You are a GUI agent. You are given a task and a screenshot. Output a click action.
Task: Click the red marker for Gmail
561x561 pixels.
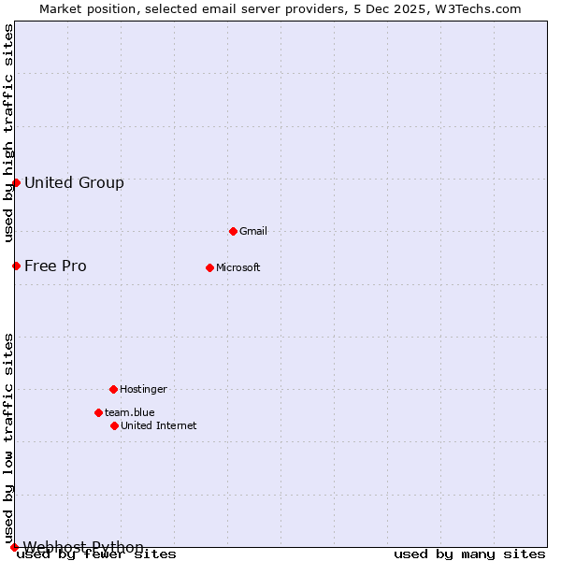point(233,231)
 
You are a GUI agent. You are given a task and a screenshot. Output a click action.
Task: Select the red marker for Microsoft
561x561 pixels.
point(209,267)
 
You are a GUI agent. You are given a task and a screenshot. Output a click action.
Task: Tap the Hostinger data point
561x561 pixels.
point(113,389)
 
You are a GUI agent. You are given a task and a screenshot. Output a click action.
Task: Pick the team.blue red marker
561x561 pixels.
point(98,412)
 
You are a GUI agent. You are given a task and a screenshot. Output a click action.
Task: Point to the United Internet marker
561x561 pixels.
point(114,425)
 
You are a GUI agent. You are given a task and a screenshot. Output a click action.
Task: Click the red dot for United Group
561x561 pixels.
point(16,182)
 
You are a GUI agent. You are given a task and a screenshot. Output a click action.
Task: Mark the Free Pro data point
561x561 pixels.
point(16,266)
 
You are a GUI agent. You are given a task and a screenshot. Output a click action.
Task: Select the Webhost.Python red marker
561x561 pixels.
point(14,547)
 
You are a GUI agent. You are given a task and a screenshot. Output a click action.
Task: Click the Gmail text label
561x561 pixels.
point(253,231)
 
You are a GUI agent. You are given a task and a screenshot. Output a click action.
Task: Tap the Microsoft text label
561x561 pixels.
point(237,267)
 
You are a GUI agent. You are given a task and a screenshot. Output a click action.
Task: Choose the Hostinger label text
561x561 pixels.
point(143,389)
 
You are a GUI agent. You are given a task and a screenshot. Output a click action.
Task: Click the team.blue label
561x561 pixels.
point(129,412)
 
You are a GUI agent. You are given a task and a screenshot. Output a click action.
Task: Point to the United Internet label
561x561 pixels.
point(158,425)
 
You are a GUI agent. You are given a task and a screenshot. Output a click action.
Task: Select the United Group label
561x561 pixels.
point(74,182)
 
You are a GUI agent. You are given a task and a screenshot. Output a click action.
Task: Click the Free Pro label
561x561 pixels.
point(55,266)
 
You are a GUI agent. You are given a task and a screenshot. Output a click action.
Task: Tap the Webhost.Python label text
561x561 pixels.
point(83,547)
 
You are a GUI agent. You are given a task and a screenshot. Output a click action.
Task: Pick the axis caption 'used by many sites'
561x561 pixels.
point(469,554)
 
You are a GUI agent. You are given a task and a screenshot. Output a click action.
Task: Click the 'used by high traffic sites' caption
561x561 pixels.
point(8,133)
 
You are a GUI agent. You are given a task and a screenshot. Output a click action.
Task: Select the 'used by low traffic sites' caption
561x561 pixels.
point(8,438)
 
